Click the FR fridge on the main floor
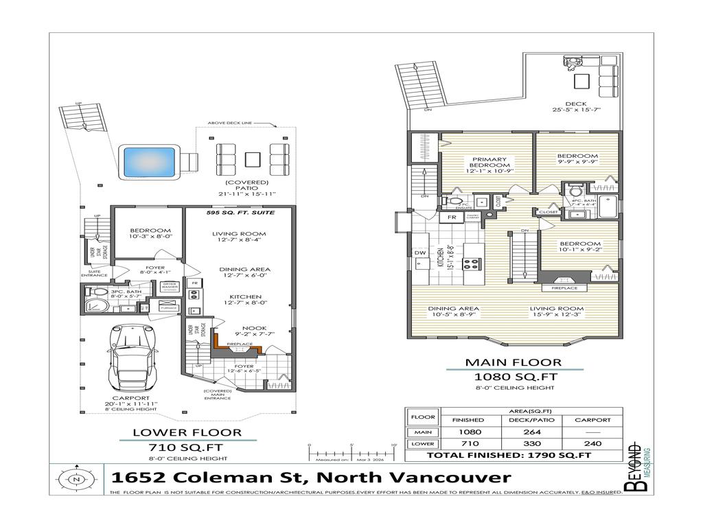pyautogui.click(x=452, y=218)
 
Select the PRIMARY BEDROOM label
pyautogui.click(x=489, y=162)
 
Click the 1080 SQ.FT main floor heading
pyautogui.click(x=514, y=377)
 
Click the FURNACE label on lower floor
pyautogui.click(x=169, y=308)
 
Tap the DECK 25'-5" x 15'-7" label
pyautogui.click(x=575, y=106)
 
